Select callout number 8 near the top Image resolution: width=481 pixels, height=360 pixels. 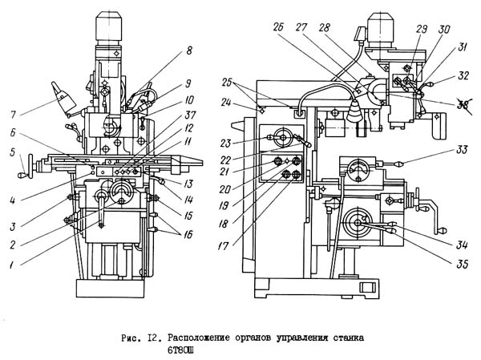tap(189, 51)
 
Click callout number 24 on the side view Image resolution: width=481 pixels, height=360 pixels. tap(227, 103)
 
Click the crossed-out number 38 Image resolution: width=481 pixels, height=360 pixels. tap(440, 104)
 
